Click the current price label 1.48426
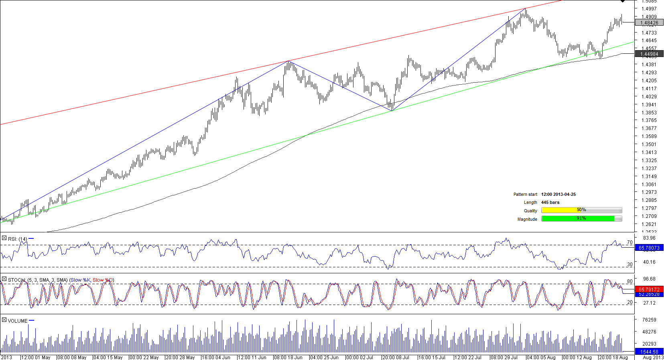pos(649,23)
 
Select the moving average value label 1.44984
pos(649,54)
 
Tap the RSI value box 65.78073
pos(649,248)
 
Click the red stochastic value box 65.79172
pos(649,289)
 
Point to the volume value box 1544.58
pos(649,352)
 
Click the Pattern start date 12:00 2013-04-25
pos(558,194)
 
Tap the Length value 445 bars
pos(550,202)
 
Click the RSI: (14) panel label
pos(17,239)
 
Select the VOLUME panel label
pos(18,321)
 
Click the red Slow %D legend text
pos(103,280)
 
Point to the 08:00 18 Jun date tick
pos(288,357)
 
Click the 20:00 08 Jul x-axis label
pos(396,357)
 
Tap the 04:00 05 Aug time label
pos(541,357)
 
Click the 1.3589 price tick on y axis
pos(649,136)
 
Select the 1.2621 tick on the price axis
pos(649,224)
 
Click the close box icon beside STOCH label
pos(4,279)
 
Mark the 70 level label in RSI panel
pos(629,242)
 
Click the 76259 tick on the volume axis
pos(649,320)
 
